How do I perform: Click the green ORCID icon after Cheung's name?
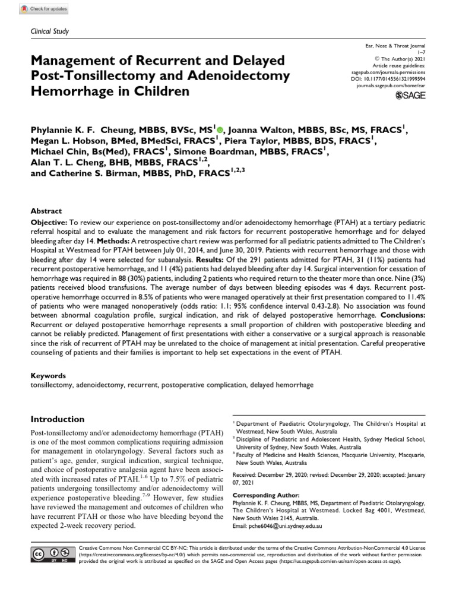[220, 129]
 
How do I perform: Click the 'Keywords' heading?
[48, 375]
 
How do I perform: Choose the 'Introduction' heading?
[58, 419]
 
